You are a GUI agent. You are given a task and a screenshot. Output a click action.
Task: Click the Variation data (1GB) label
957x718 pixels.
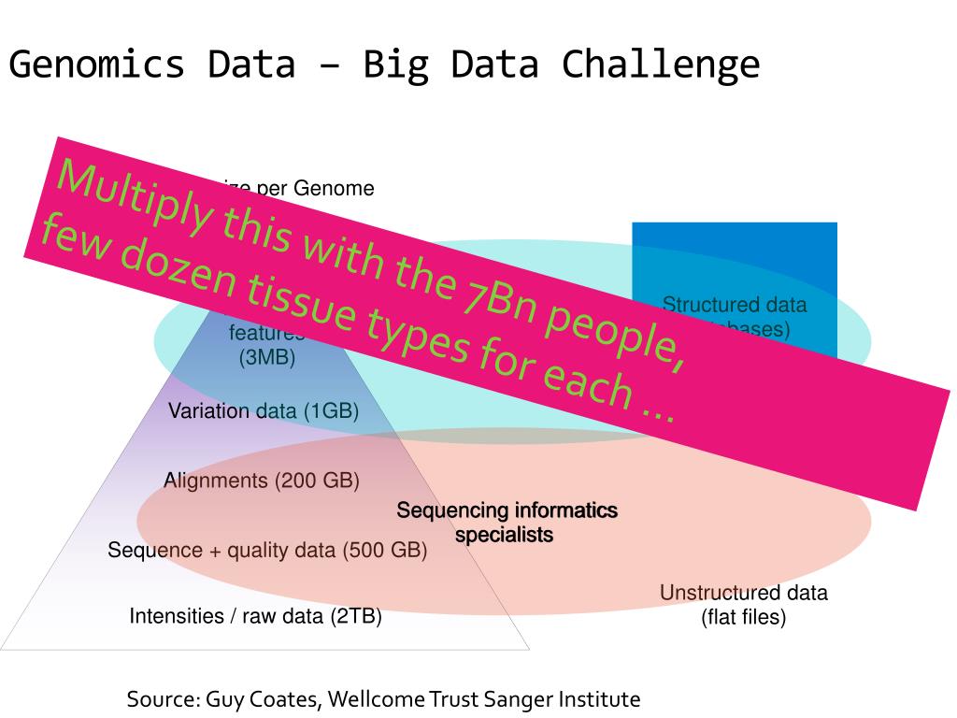pos(263,411)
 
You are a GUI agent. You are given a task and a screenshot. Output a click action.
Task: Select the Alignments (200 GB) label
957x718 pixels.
pos(262,481)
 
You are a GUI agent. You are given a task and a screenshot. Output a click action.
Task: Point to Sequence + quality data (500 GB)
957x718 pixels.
pos(267,550)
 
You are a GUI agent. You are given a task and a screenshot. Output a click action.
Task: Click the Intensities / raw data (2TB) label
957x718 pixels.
pos(255,616)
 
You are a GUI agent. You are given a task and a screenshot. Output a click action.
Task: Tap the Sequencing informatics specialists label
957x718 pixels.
pos(507,523)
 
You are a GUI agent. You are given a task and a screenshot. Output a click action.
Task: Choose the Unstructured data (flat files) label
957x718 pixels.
pos(743,605)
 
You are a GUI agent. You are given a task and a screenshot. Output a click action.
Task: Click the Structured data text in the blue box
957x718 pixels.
pos(735,305)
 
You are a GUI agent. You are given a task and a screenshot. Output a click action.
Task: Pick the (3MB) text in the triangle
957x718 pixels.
pos(267,357)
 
